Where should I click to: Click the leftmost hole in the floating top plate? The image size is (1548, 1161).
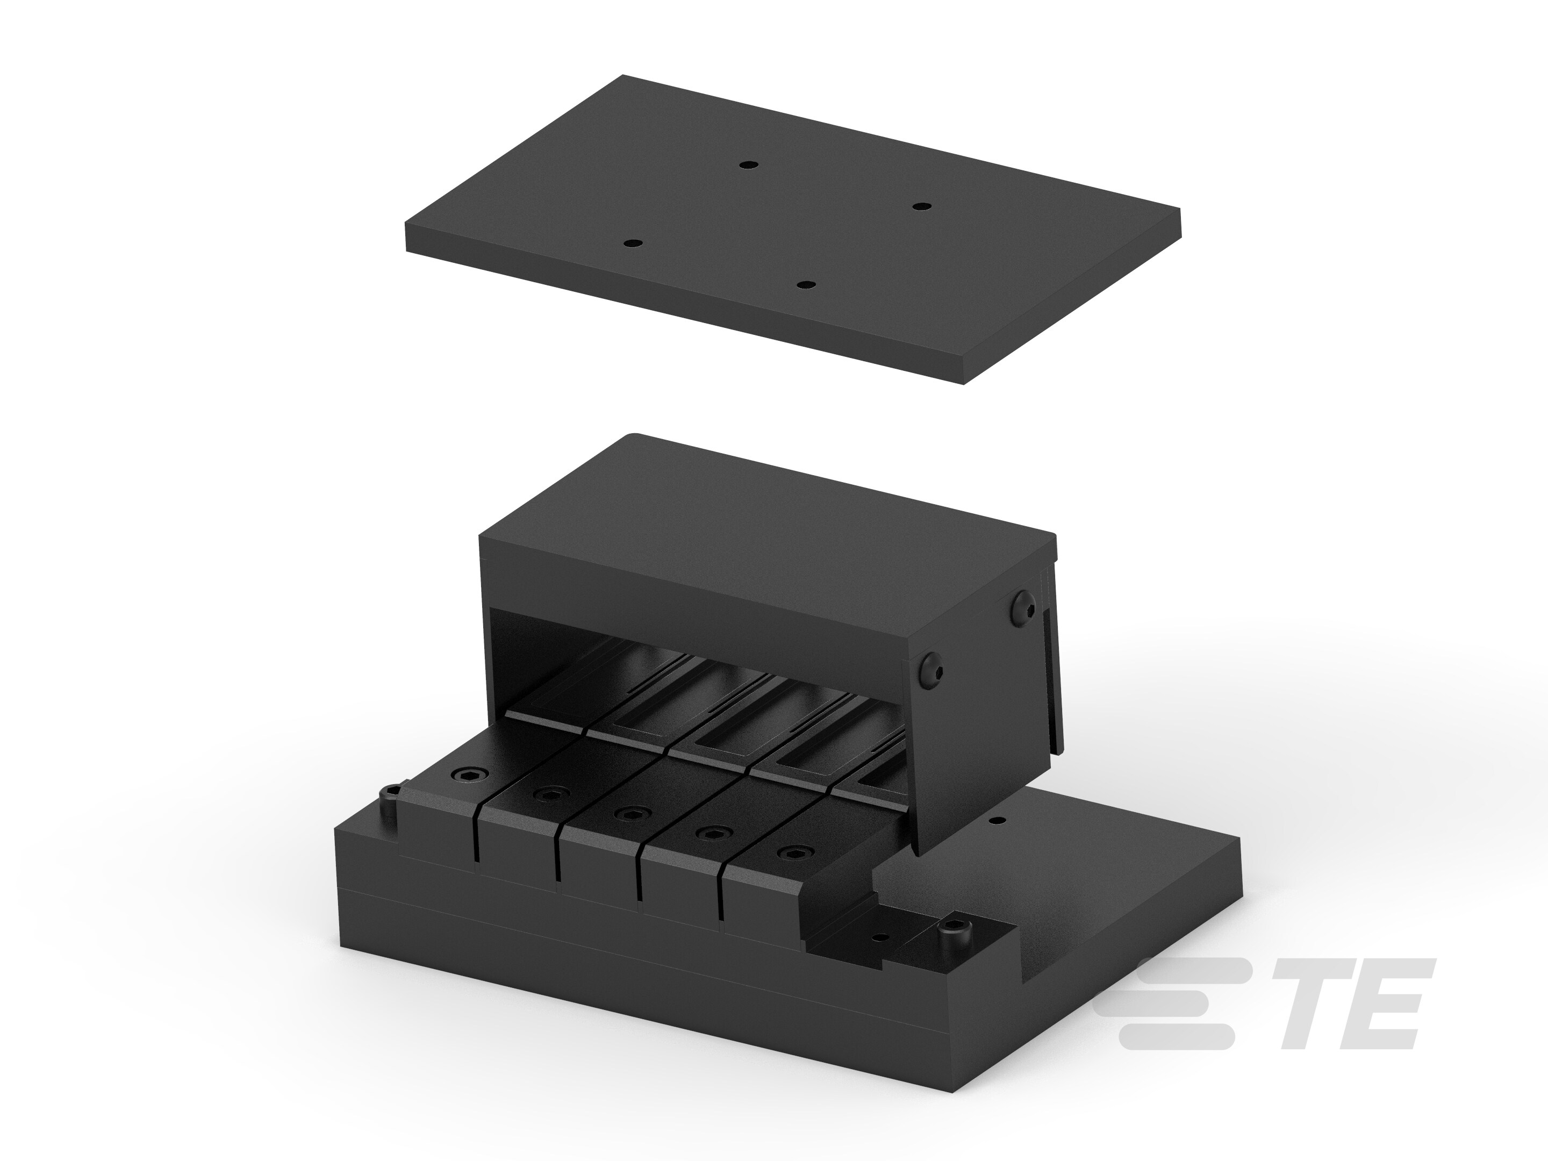click(x=633, y=243)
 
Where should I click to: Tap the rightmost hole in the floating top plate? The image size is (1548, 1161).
click(x=922, y=206)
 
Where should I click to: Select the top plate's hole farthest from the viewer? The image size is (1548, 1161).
click(x=748, y=165)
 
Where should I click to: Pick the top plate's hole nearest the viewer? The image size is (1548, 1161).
click(x=807, y=285)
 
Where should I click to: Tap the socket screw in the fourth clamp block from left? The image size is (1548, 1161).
click(x=713, y=833)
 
